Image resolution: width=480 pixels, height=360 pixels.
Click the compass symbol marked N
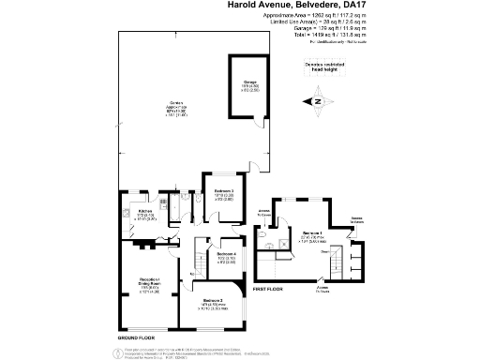click(x=317, y=100)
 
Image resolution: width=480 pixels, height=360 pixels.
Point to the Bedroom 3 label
click(x=223, y=194)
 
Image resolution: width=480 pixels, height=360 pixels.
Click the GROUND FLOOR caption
click(x=136, y=337)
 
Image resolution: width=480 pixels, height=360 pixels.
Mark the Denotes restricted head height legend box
click(x=326, y=66)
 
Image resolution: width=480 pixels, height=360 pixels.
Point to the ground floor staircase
click(x=202, y=255)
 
